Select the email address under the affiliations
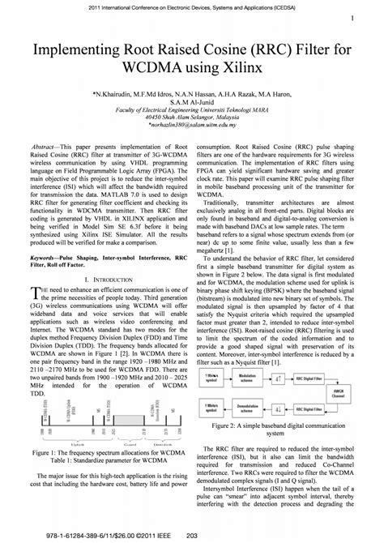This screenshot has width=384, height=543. tap(191, 126)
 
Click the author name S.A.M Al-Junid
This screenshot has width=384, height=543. tap(191, 102)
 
